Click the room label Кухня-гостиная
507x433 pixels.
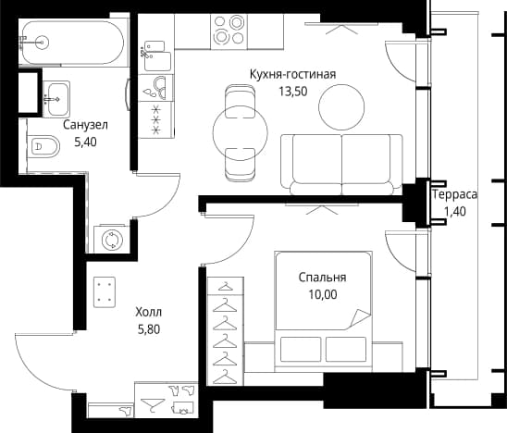292,74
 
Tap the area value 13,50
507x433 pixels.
293,92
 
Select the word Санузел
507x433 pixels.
85,125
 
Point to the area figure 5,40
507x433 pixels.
85,142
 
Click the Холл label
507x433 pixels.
149,313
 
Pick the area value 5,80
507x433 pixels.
149,329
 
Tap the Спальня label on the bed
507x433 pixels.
322,278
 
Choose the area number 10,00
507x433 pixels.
322,294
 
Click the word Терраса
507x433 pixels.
454,194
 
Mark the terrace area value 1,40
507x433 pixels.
454,212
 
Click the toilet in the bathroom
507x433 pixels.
43,146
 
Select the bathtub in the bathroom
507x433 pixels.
73,43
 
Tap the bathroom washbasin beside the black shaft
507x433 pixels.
56,98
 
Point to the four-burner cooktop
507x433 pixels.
229,31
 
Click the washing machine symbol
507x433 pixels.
112,240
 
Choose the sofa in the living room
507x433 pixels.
341,165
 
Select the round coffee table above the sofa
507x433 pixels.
341,107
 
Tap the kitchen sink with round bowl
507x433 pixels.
157,88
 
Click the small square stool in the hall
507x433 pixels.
105,292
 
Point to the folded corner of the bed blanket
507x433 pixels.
360,318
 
